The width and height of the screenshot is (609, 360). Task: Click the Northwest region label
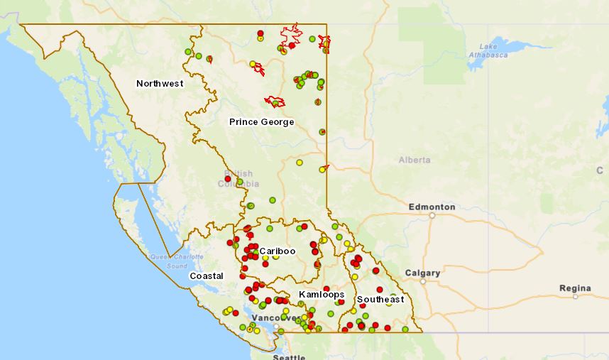tap(160, 84)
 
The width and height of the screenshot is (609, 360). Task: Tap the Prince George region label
tap(261, 122)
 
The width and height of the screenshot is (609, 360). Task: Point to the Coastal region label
tap(206, 276)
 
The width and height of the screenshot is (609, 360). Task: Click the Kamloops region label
tap(322, 294)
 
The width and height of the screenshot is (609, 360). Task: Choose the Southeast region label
tap(380, 299)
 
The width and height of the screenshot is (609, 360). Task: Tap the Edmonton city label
tap(432, 207)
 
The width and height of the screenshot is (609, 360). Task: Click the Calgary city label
tap(422, 273)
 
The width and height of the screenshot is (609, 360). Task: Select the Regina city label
tap(574, 288)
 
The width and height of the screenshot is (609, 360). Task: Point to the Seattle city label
tap(290, 356)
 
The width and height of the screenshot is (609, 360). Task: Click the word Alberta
tap(415, 160)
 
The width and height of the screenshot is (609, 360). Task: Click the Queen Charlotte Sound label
tap(168, 261)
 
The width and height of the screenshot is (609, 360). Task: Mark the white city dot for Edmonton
tap(432, 215)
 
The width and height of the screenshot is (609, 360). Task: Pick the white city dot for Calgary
tap(422, 281)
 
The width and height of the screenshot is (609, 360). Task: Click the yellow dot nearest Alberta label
tap(322, 169)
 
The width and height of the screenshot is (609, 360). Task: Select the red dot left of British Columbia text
tap(228, 179)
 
